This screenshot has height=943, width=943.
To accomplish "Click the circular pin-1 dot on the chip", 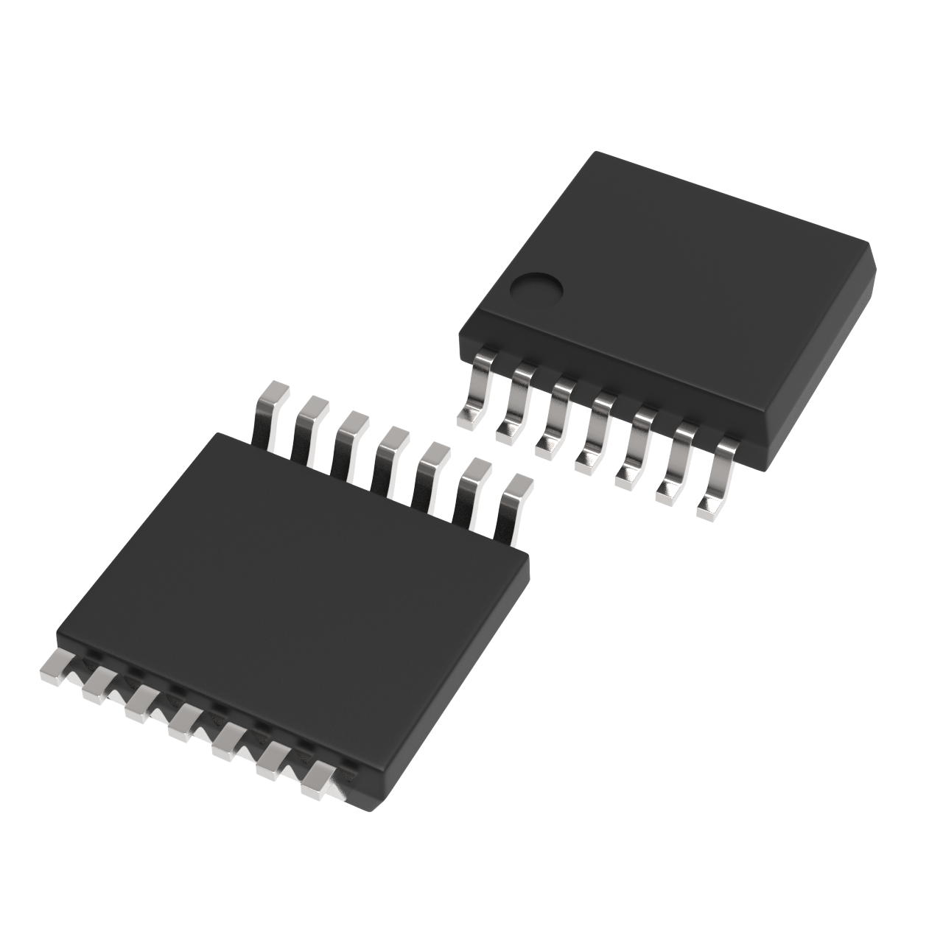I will [x=537, y=290].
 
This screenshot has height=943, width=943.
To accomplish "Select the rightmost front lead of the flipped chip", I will [x=318, y=778].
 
